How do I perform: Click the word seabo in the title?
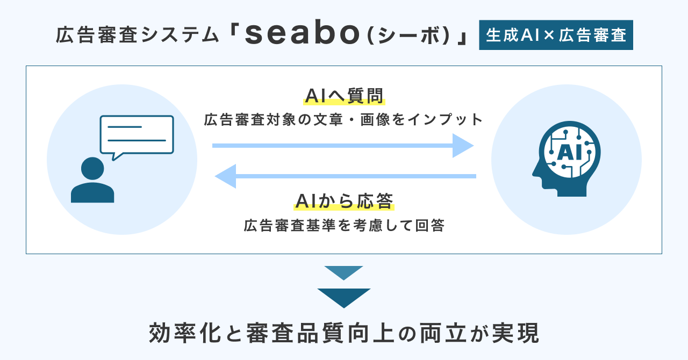(x=304, y=35)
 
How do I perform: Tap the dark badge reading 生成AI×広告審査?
(x=556, y=35)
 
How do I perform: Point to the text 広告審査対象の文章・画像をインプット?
(x=344, y=119)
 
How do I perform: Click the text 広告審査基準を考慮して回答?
(x=344, y=225)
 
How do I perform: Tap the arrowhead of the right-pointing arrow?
(x=462, y=145)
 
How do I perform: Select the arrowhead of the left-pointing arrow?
(x=226, y=176)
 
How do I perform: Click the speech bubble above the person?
(x=137, y=134)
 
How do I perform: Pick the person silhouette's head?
(x=92, y=169)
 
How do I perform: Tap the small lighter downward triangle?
(x=344, y=272)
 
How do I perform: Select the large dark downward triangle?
(x=344, y=297)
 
